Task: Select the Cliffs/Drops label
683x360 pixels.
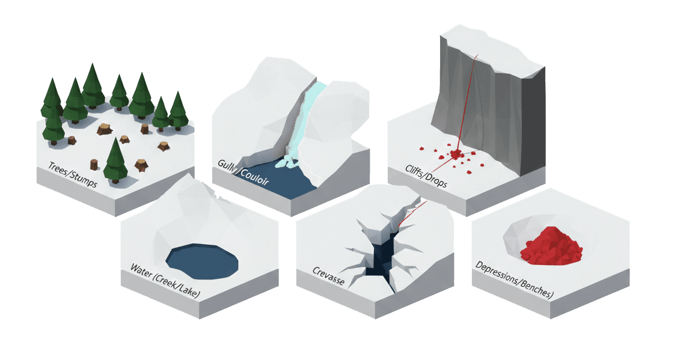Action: (421, 174)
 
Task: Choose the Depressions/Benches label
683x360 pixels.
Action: (514, 279)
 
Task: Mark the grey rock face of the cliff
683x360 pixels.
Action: (493, 108)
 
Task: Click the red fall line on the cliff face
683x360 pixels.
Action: (468, 96)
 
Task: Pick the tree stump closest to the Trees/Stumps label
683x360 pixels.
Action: (93, 163)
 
